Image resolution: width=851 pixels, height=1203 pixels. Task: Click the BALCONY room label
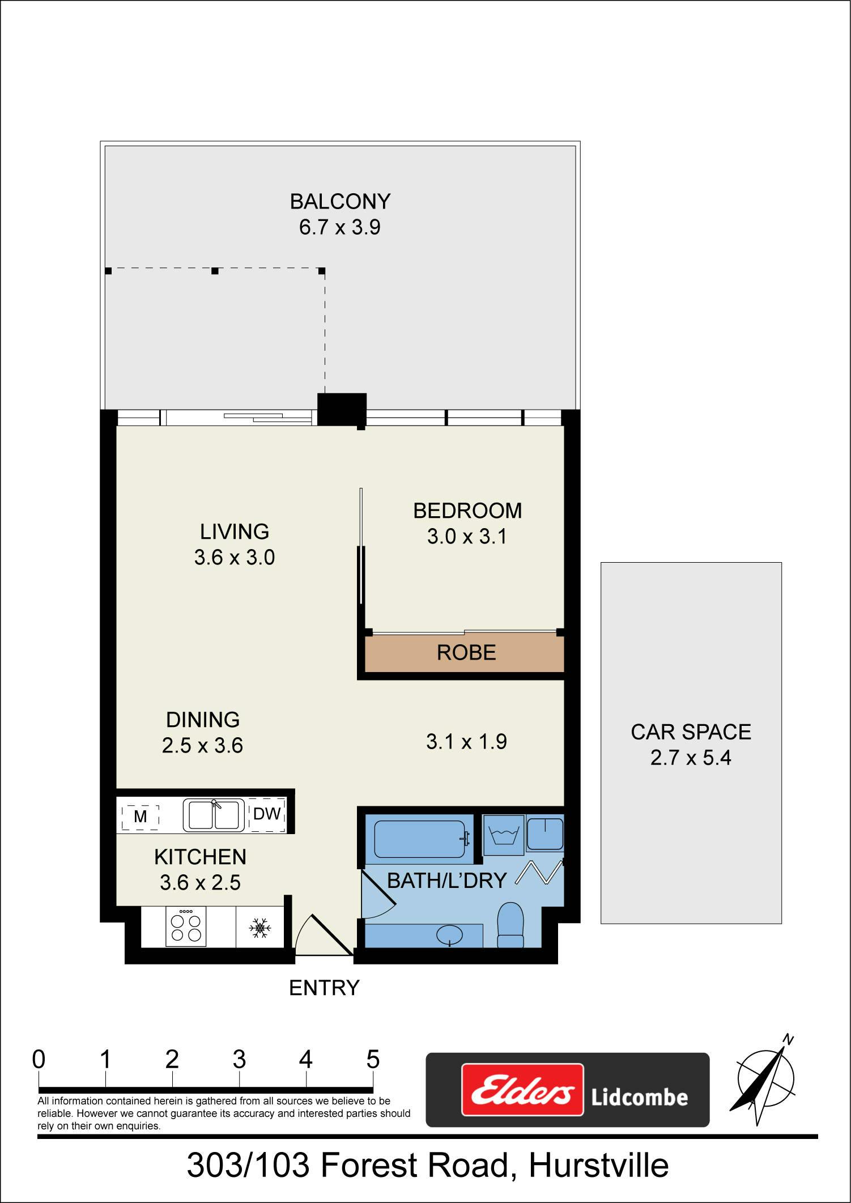tap(340, 202)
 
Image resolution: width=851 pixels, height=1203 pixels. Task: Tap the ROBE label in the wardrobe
tap(466, 653)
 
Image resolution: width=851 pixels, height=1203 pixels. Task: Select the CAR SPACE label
tap(691, 732)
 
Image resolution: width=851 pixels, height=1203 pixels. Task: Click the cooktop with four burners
tap(185, 926)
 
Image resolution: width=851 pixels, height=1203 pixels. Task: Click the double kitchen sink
tap(214, 815)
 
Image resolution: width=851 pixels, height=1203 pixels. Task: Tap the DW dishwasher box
tap(267, 814)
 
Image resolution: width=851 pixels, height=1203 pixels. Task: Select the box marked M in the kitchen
tap(140, 817)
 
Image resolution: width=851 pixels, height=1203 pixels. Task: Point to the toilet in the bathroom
tap(510, 925)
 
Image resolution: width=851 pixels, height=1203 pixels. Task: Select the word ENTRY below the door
tap(324, 988)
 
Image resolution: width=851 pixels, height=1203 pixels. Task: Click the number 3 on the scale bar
tap(239, 1059)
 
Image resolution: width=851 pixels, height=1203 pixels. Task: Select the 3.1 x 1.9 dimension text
tap(466, 742)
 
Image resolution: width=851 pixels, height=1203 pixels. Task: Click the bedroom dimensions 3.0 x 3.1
tap(467, 536)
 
